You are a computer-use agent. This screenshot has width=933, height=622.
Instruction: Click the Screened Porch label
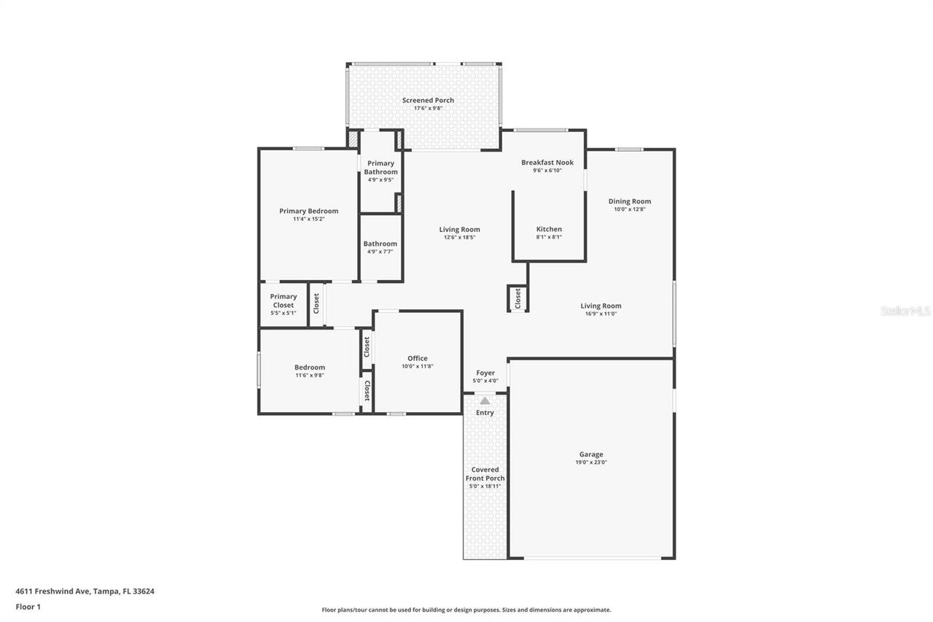click(x=428, y=100)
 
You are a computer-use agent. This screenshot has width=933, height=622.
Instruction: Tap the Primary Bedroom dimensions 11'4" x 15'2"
click(x=308, y=219)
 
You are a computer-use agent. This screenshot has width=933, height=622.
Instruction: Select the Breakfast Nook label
click(x=547, y=163)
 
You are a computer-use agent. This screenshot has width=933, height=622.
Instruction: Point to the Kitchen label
click(x=549, y=229)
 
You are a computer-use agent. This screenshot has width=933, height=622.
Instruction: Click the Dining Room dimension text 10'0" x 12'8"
click(x=629, y=209)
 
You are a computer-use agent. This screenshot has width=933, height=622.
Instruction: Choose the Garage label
click(x=591, y=454)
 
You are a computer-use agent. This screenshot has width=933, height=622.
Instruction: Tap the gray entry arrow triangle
click(x=485, y=401)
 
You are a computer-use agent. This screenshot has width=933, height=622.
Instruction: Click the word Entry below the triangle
click(x=485, y=413)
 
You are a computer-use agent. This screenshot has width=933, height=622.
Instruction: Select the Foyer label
click(x=485, y=373)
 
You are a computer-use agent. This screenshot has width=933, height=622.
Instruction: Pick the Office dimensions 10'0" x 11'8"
click(x=418, y=366)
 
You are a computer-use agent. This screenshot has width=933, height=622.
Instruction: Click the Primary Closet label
click(x=284, y=300)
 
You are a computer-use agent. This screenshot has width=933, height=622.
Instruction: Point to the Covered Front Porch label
click(x=485, y=474)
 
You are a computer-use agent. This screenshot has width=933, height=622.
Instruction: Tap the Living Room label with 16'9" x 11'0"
click(x=601, y=306)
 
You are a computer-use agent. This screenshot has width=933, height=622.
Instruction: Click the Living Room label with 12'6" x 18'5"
click(x=459, y=230)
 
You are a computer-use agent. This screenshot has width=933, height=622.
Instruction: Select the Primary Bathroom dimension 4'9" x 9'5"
click(x=380, y=180)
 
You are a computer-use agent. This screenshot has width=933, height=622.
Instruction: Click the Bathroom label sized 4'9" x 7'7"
click(x=380, y=244)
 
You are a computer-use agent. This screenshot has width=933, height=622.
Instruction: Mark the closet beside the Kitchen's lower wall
click(x=518, y=298)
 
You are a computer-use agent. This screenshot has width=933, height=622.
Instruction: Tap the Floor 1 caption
click(x=28, y=607)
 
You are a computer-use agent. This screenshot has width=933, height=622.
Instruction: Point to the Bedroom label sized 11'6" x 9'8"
click(x=310, y=368)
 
